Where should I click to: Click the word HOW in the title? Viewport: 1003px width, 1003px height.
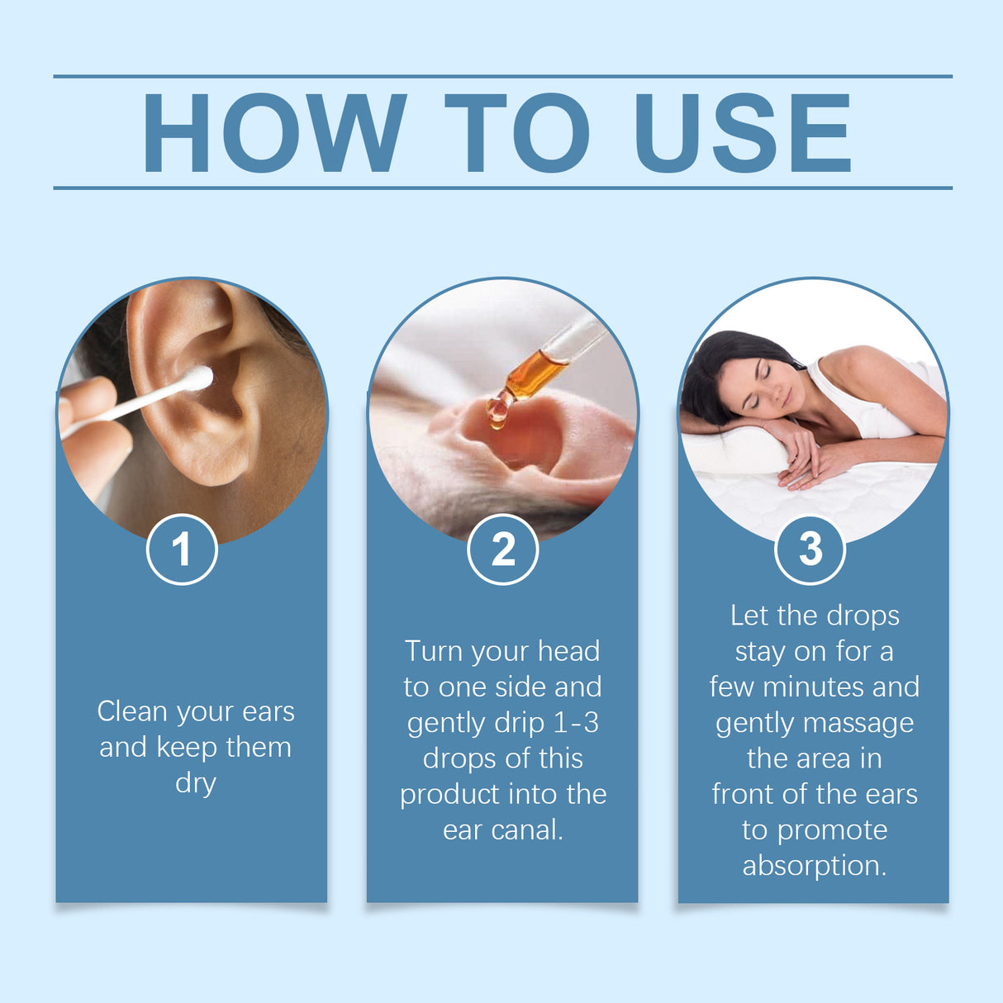coord(274,132)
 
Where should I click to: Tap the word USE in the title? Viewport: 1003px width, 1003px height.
coord(742,132)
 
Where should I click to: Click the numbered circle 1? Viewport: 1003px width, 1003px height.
coord(182,549)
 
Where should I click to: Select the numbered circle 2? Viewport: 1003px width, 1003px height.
coord(502,549)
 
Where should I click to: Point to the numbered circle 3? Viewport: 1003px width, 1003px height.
coord(810,549)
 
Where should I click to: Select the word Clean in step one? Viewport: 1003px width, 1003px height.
coord(131,711)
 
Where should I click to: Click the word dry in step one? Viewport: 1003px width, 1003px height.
coord(196,782)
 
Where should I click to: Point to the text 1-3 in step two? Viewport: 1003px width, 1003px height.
coord(576,723)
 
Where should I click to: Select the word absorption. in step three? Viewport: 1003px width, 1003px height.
coord(815,866)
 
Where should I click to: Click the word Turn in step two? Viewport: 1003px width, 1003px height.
coord(434,651)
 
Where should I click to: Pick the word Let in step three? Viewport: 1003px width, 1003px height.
coord(749,616)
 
